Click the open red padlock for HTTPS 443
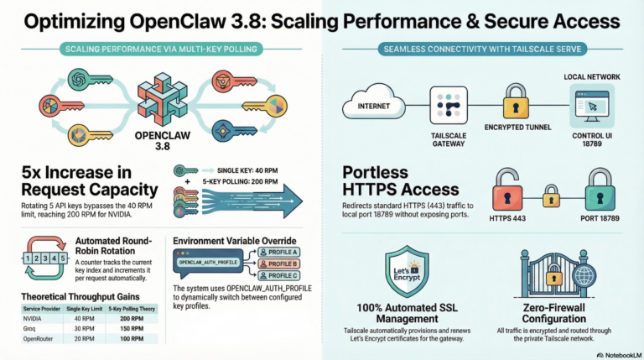(x=506, y=189)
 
